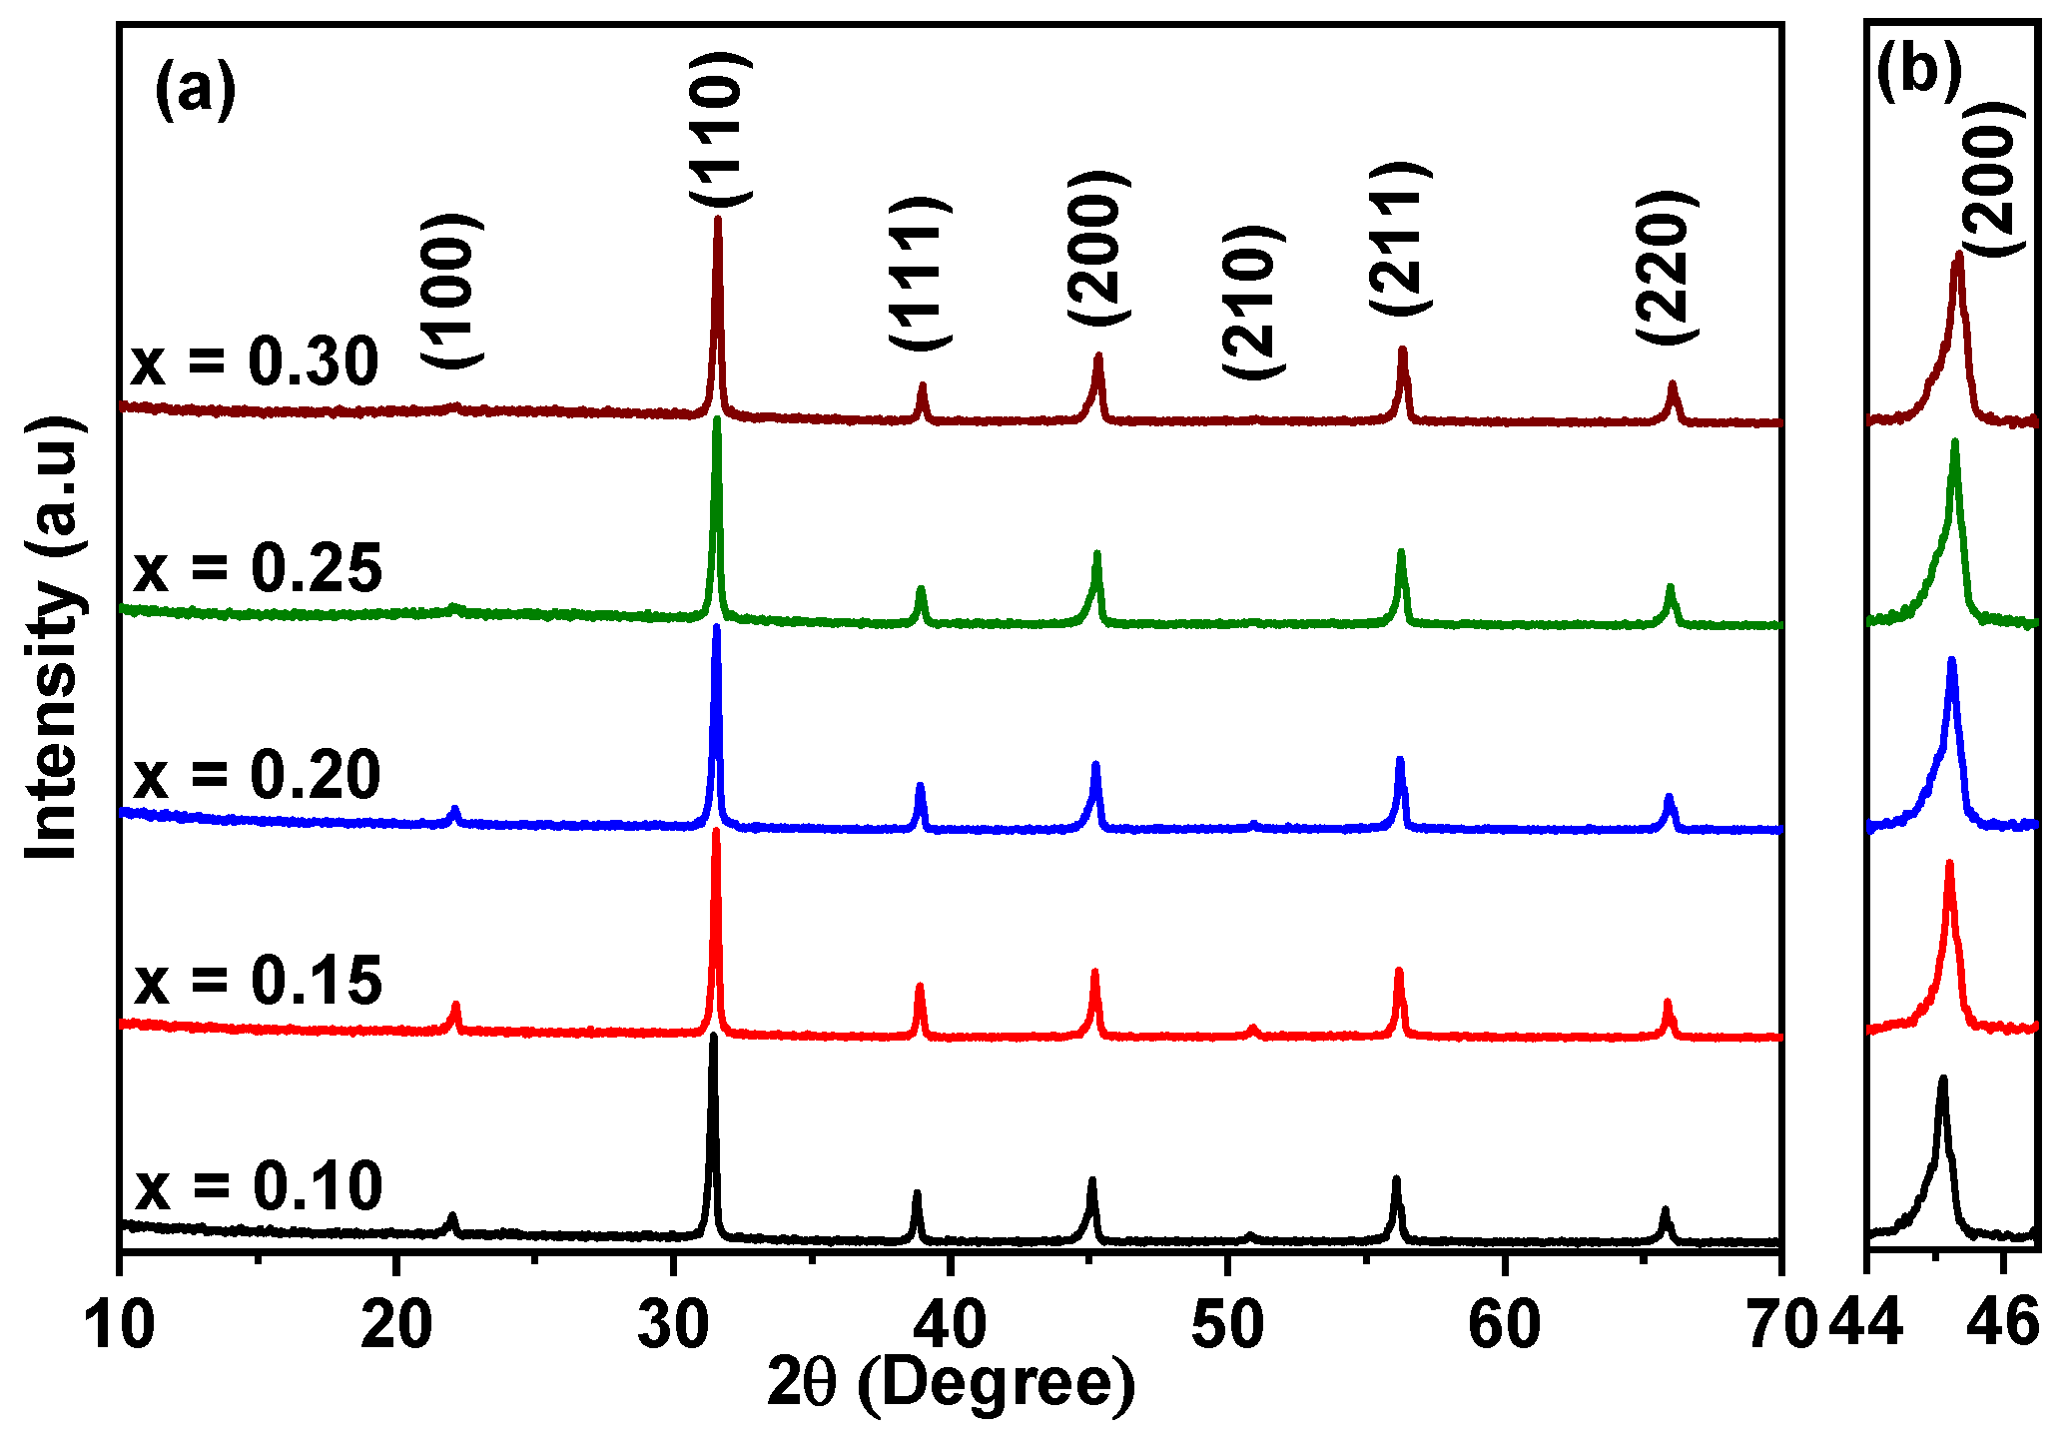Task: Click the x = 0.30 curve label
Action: point(255,361)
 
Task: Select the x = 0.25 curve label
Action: point(258,569)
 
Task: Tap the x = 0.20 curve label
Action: point(258,775)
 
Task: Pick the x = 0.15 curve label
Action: point(258,981)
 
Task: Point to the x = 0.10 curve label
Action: point(258,1187)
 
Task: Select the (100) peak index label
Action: point(451,291)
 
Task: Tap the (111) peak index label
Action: point(920,273)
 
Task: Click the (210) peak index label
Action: point(1252,303)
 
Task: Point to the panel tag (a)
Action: point(196,91)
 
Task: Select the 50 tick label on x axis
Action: point(1227,1325)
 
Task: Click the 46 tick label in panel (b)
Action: point(2003,1323)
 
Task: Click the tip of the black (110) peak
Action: point(713,1037)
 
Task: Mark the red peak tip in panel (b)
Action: point(1949,863)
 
